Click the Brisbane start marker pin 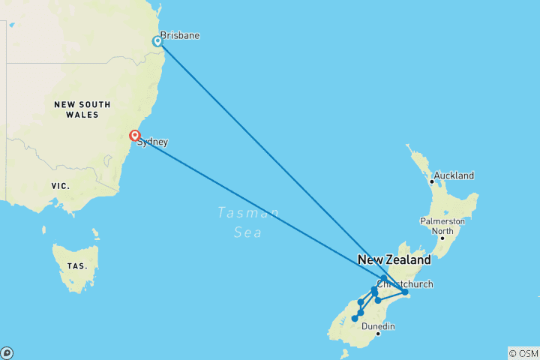(157, 41)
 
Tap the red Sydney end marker (134, 136)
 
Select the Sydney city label (152, 142)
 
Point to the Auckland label (454, 175)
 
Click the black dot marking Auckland (431, 181)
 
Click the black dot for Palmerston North (442, 238)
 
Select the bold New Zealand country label (394, 260)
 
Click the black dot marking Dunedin (379, 334)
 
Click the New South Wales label (82, 109)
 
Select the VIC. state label (60, 185)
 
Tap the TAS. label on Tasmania (76, 265)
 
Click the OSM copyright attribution (523, 353)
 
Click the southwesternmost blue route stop (355, 319)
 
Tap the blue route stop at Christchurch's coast (404, 292)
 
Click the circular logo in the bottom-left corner (7, 353)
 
